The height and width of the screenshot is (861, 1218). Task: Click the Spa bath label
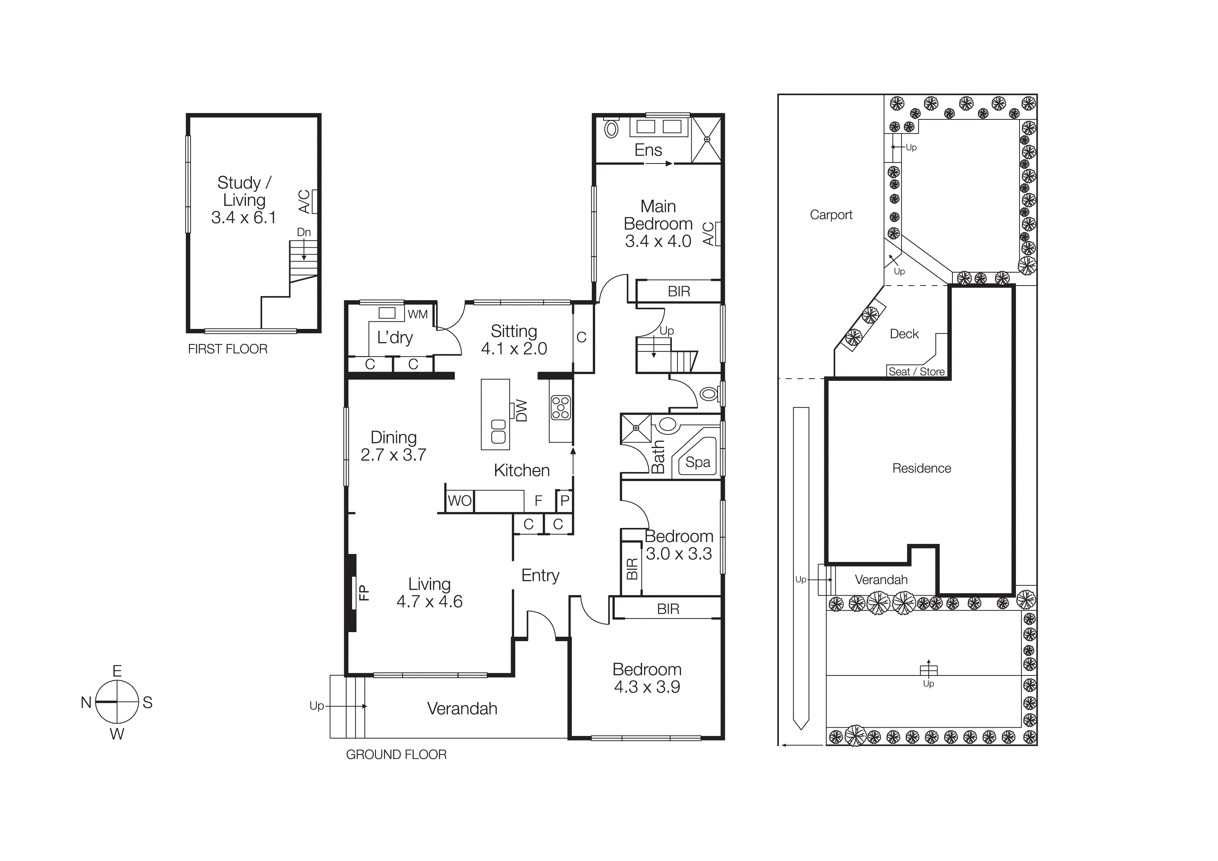[698, 462]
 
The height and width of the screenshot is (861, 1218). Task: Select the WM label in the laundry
[417, 314]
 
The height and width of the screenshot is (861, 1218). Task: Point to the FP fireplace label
[364, 592]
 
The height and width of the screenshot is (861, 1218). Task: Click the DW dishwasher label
[522, 411]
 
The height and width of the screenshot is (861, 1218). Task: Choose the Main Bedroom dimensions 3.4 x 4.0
[658, 241]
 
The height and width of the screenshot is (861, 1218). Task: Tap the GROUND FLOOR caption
[396, 754]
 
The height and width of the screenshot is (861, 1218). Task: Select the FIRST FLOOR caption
[227, 349]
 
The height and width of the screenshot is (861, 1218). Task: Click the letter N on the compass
[86, 702]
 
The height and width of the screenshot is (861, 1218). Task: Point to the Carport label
[831, 215]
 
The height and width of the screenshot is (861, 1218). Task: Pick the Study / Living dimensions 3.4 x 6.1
[243, 217]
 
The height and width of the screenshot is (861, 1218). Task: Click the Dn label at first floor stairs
[303, 232]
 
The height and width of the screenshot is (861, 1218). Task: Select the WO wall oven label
[459, 501]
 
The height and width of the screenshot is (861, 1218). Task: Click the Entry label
[540, 576]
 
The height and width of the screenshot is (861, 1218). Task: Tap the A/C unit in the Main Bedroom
[718, 234]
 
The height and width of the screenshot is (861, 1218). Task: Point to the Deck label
[904, 334]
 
